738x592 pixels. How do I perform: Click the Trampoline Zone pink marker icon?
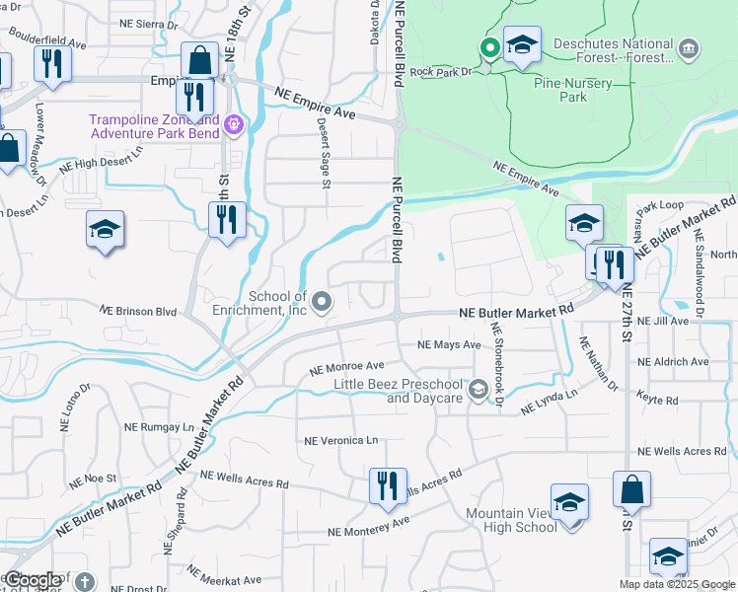pos(233,124)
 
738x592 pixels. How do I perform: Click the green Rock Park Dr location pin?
pos(488,46)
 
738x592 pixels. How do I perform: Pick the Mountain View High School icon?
pos(569,502)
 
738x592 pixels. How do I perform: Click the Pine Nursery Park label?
pos(573,91)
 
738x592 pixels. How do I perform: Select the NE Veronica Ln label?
pos(340,440)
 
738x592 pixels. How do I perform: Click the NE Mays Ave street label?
pos(448,345)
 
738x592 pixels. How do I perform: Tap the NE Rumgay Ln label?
pos(160,427)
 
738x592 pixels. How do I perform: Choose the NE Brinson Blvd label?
pos(138,310)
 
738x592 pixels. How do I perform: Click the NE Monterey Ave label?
pos(368,531)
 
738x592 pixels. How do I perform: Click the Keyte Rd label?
pos(657,401)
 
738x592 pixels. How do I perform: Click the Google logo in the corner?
pos(33,581)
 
